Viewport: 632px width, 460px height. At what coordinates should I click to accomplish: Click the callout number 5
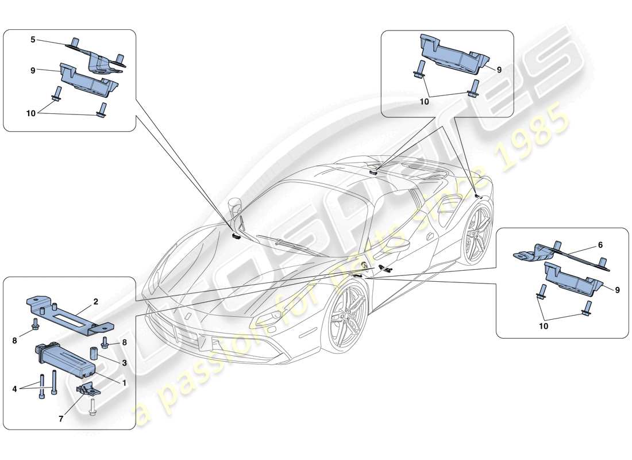click(x=33, y=40)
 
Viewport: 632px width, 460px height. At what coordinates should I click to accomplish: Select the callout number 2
click(x=96, y=300)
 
